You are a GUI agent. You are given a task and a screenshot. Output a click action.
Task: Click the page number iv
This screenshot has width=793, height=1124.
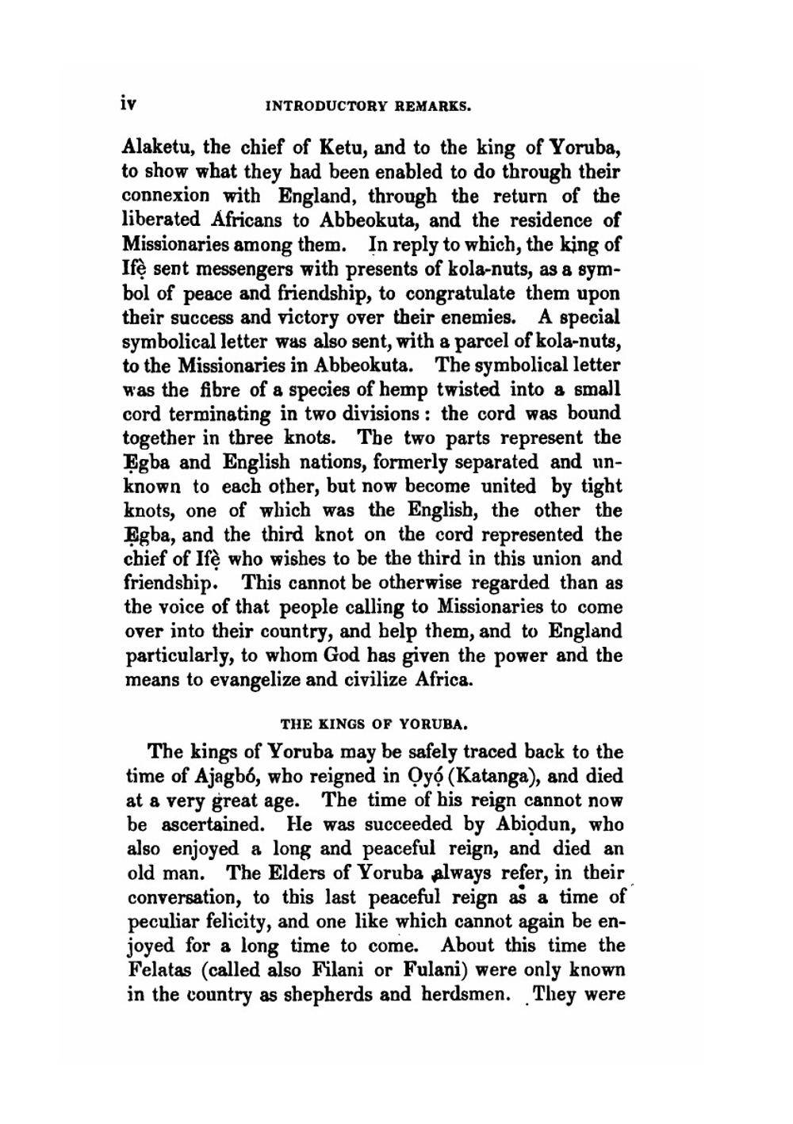point(129,103)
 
